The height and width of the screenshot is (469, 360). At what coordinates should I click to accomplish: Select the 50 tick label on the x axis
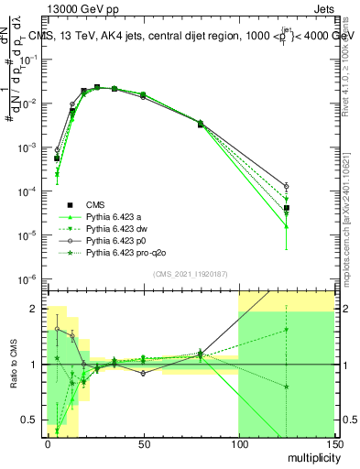143,446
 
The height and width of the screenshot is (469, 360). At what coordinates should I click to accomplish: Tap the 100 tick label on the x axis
238,446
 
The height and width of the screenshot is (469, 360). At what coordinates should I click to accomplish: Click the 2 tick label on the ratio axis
34,310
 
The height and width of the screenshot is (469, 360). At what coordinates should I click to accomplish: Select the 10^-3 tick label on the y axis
27,147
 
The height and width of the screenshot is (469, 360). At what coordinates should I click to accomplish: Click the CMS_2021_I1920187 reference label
189,275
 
